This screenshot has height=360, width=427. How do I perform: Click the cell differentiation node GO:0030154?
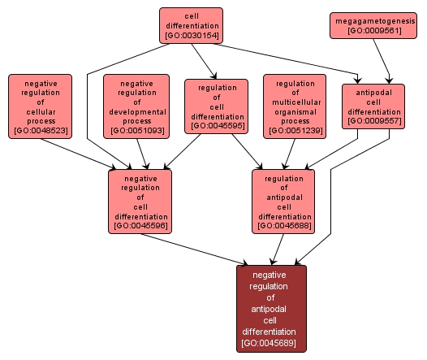[191, 25]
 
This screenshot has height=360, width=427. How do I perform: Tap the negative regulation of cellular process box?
[40, 106]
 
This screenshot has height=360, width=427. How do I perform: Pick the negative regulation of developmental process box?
[137, 106]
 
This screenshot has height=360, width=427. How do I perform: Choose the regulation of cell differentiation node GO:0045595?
[217, 106]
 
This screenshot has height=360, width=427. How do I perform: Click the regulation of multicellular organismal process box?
[295, 106]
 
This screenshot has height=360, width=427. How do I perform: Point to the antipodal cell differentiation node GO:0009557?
[373, 106]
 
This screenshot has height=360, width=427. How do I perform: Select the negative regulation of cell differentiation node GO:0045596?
[140, 201]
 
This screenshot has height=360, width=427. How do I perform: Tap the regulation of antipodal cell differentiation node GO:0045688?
[284, 201]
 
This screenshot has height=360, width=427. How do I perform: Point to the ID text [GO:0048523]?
[40, 130]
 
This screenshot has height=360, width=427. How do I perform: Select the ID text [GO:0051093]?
[137, 130]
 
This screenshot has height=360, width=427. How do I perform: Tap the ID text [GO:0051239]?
[295, 130]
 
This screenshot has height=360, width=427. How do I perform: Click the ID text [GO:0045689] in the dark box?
[269, 344]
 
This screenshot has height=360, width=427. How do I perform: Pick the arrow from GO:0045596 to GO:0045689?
[195, 249]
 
